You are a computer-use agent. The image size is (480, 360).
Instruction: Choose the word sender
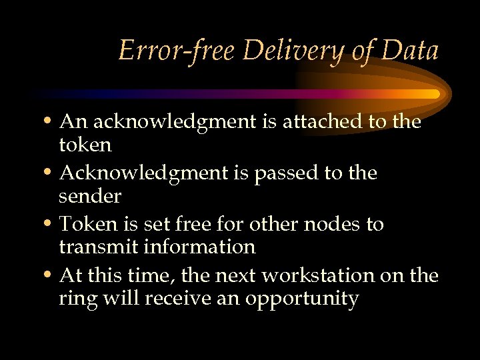pyautogui.click(x=90, y=196)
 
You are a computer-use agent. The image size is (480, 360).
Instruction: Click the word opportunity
pyautogui.click(x=303, y=299)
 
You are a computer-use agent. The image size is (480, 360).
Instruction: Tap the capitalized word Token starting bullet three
pyautogui.click(x=83, y=224)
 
